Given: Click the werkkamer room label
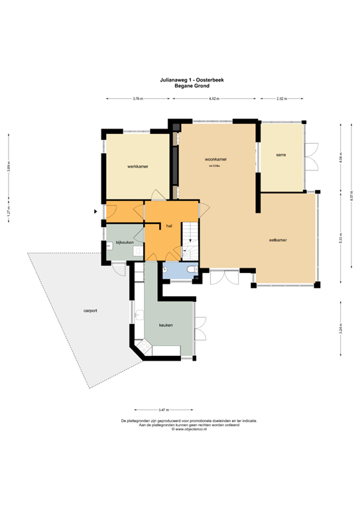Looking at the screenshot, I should (x=137, y=167).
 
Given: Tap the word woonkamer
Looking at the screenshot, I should (x=216, y=160).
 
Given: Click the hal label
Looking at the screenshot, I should (x=170, y=226).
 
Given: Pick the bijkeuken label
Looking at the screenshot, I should (x=125, y=243).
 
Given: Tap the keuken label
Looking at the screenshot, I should (x=166, y=325).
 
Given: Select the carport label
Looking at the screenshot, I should (x=91, y=310).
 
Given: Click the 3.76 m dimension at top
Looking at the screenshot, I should (x=138, y=99).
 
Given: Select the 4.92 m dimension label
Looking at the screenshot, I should (x=214, y=99).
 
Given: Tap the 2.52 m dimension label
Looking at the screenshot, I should (x=282, y=99).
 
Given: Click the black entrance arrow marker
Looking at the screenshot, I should (x=96, y=211).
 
